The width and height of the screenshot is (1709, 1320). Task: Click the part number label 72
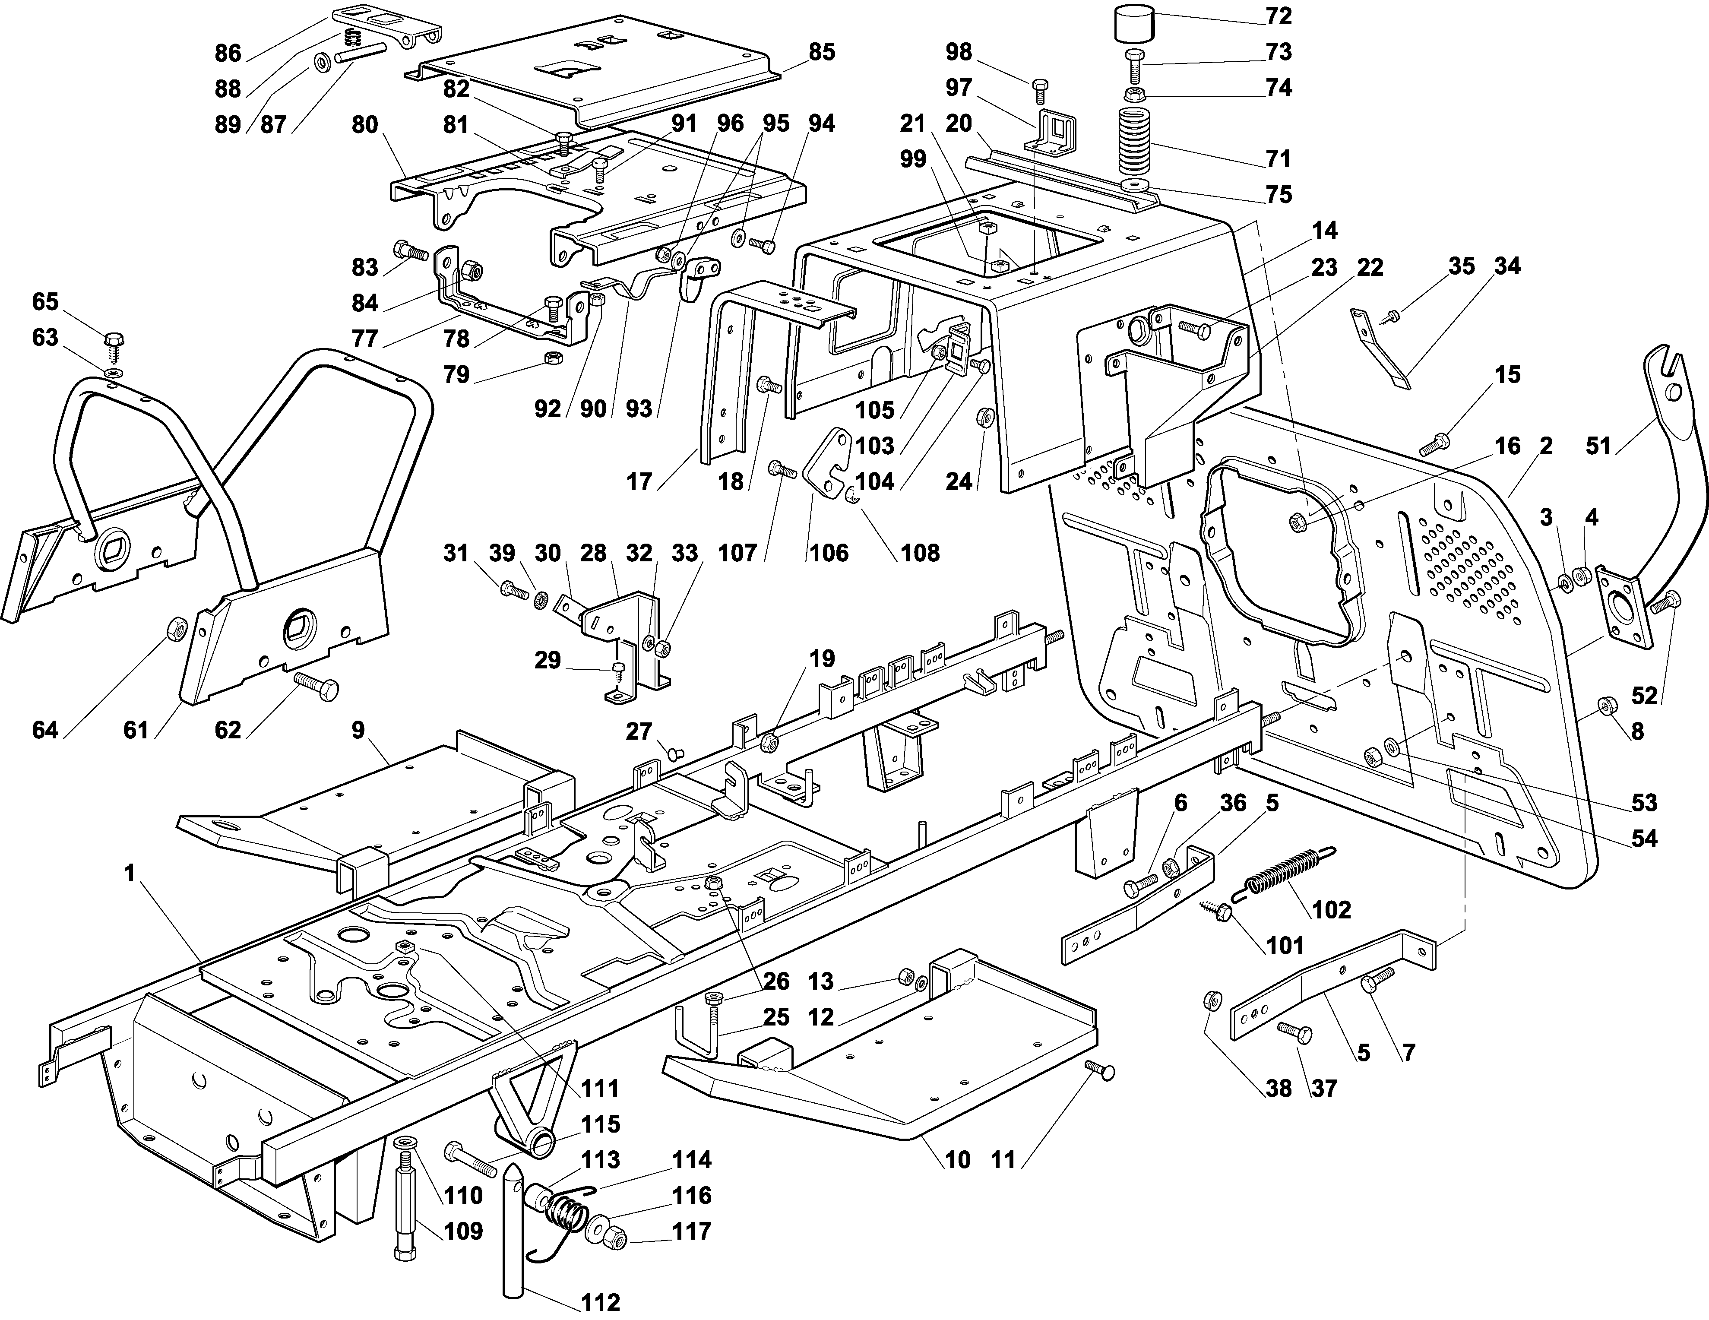point(1279,16)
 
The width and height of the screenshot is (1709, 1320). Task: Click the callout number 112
point(600,1301)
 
